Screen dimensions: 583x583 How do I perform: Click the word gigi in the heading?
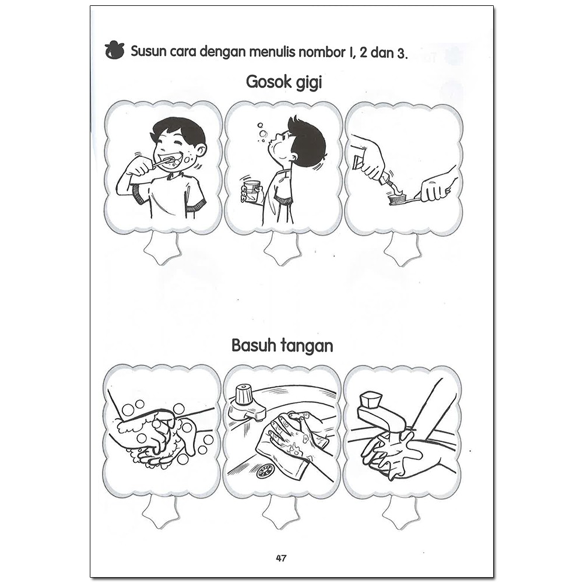308,83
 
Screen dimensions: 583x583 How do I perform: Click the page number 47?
281,558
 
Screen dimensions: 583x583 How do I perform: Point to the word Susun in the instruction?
148,51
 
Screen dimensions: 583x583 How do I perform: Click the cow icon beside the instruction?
114,50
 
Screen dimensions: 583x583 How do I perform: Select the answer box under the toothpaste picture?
402,248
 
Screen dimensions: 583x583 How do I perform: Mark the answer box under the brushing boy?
162,247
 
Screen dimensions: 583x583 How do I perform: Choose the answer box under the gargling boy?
282,248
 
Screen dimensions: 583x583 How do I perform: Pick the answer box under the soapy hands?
161,511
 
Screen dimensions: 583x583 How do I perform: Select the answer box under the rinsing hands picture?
401,512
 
